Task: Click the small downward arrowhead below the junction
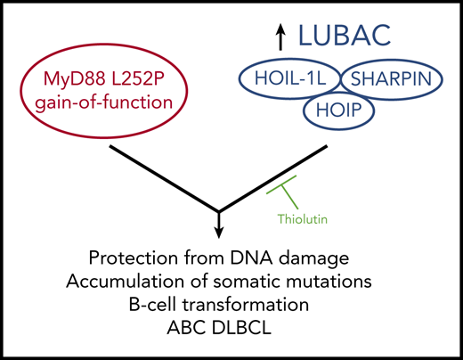click(218, 233)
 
